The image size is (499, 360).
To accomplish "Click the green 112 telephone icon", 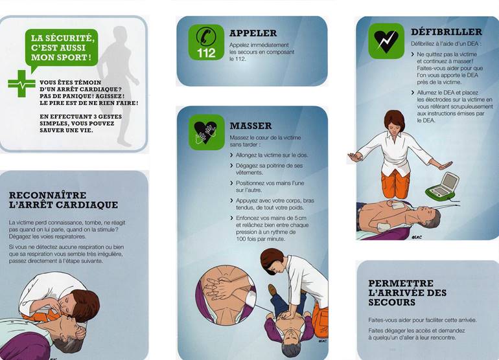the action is tap(206, 42).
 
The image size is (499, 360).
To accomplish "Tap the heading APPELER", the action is tap(253, 33).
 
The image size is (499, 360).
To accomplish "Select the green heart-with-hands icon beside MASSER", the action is tap(207, 132).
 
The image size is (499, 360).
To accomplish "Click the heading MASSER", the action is tap(250, 126).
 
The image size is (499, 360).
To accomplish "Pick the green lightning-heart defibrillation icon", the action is tap(386, 41).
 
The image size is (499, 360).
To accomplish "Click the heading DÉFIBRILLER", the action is tap(446, 32).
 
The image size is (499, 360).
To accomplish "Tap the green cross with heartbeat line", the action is tap(21, 84).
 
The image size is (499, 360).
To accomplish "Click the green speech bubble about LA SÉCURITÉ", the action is tap(62, 49).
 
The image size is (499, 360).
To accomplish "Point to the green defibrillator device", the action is tap(443, 185).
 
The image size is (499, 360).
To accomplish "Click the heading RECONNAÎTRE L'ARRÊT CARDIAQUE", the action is tap(64, 200).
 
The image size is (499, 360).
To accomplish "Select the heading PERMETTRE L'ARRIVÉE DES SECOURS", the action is tap(408, 293).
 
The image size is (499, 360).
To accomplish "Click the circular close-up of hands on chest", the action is tap(226, 295).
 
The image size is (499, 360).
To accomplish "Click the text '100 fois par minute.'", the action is tap(261, 239).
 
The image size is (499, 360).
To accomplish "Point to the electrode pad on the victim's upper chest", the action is tap(397, 205).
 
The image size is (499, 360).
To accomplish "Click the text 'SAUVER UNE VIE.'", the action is tap(66, 130).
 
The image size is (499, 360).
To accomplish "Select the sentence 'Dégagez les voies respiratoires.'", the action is tap(48, 236).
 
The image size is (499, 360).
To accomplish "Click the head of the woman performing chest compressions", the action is tap(272, 262).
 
